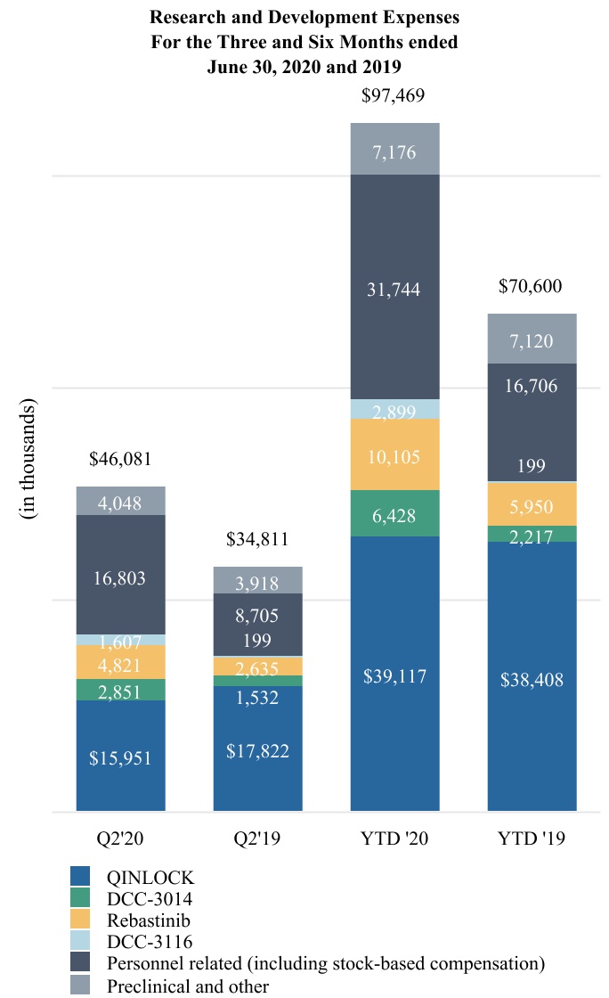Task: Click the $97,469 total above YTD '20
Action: tap(394, 95)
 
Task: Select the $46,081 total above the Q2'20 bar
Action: tap(121, 460)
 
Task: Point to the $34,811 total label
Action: tap(257, 539)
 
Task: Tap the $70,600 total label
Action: tap(532, 287)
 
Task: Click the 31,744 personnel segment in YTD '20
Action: tap(394, 290)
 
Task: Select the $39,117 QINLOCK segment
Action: tap(394, 676)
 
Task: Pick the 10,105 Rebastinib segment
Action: tap(394, 456)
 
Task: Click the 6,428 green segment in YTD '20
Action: tap(394, 514)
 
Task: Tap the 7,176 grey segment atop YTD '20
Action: tap(394, 149)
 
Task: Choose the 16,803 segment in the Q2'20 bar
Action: tap(121, 578)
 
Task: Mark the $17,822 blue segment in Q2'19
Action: tap(257, 750)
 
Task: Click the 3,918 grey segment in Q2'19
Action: tap(257, 583)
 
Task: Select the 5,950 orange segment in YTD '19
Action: tap(532, 505)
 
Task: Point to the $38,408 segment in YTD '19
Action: tap(532, 680)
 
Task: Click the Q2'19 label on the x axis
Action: tap(257, 838)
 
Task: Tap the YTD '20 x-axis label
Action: tap(394, 838)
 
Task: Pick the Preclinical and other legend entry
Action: tap(187, 985)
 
